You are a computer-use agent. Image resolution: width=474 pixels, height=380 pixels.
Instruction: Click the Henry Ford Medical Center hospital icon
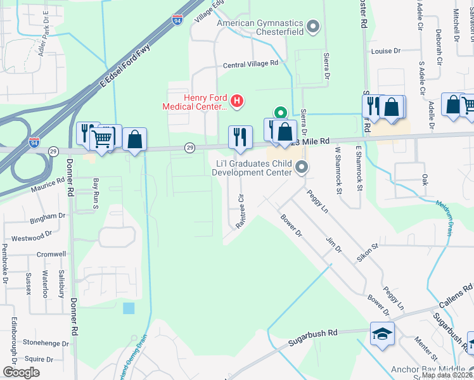click(237, 100)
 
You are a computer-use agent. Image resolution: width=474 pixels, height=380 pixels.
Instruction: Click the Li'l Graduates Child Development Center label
click(252, 167)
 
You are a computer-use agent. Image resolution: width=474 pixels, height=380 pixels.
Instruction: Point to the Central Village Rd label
click(250, 64)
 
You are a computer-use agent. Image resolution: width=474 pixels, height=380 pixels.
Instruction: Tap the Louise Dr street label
click(387, 51)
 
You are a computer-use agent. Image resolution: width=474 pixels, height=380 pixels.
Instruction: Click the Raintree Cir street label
click(240, 212)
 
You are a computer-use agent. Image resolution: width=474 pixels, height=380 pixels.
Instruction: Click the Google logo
click(21, 372)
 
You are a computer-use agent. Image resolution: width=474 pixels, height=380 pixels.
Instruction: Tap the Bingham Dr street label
click(48, 219)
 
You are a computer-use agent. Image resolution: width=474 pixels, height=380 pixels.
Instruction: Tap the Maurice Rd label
click(48, 184)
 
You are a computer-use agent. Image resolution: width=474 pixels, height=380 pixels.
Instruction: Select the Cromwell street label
click(51, 254)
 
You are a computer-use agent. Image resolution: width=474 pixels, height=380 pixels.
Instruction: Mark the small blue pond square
click(129, 308)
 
